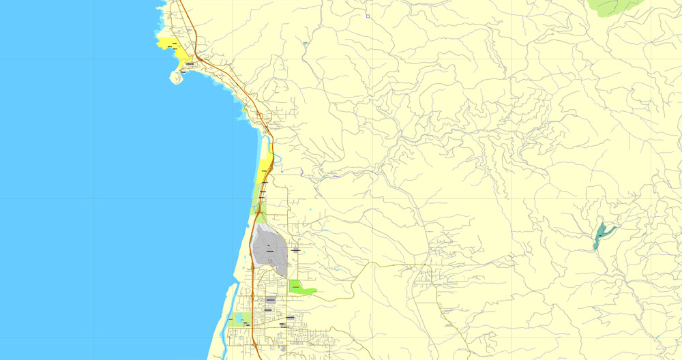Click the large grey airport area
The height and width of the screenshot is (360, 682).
tap(269, 249)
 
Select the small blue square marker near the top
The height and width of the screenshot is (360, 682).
tap(368, 16)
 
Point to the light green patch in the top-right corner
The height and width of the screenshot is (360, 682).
tap(614, 6)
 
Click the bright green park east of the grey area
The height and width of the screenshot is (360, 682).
tap(300, 288)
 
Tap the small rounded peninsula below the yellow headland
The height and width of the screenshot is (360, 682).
tap(177, 77)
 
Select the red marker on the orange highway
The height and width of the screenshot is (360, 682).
tap(258, 213)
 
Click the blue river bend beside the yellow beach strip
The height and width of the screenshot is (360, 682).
tap(271, 147)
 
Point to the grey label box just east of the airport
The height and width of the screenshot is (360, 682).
tap(295, 250)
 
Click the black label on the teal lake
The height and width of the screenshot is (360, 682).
tap(599, 236)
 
